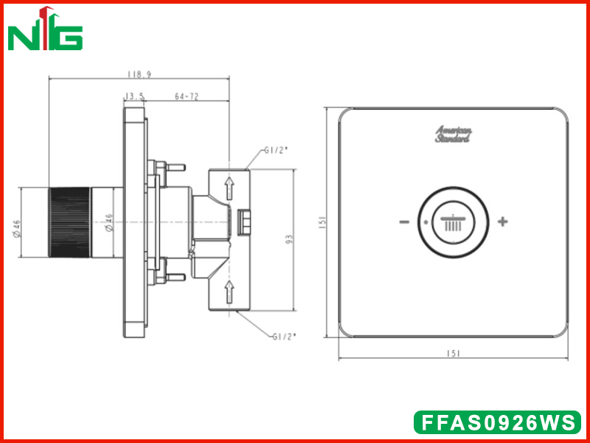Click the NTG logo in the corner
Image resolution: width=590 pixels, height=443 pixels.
coord(45,29)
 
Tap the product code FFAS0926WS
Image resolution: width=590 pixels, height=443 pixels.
coord(497,422)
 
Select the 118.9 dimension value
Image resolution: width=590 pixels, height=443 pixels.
coord(139,75)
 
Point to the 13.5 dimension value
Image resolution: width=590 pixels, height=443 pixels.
coord(134,97)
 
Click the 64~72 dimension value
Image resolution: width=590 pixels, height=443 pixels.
coord(187,97)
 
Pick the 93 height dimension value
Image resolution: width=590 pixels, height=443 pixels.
coord(289,239)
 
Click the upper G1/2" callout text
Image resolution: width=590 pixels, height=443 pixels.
coord(275,151)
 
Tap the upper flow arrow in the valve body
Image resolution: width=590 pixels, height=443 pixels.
coord(229,188)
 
